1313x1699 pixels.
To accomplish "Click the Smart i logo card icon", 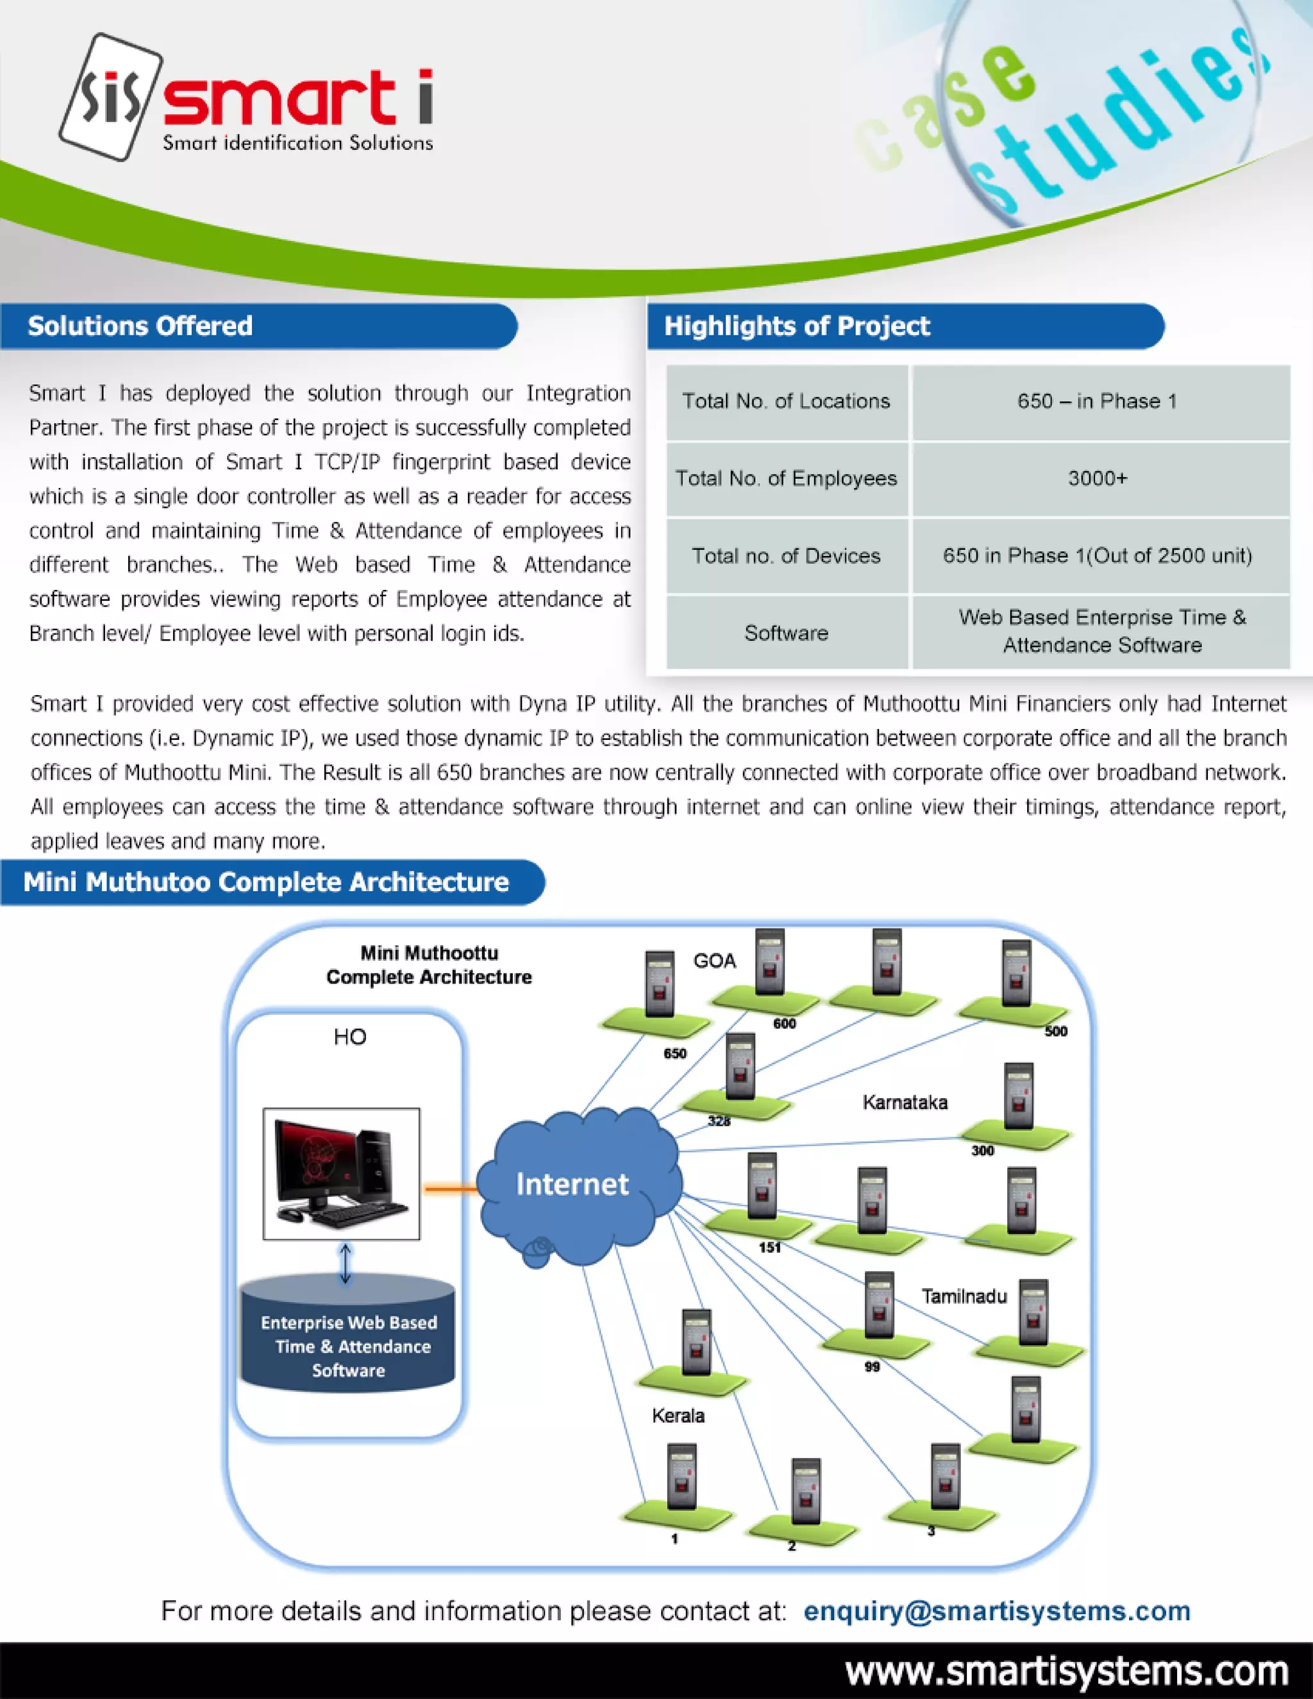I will tap(111, 97).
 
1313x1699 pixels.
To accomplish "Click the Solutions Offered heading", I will tap(140, 326).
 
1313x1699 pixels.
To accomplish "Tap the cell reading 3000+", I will tap(1097, 478).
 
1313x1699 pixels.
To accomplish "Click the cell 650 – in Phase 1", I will tap(1097, 401).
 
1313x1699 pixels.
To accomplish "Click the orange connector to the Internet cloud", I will tap(449, 1188).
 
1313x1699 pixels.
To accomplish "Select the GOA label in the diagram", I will tap(714, 962).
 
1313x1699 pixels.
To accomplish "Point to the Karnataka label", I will tap(905, 1102).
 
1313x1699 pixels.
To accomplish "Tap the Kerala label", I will tap(678, 1416).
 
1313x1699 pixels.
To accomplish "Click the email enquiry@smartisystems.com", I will tap(996, 1611).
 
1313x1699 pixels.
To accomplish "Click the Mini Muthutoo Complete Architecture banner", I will tap(266, 882).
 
